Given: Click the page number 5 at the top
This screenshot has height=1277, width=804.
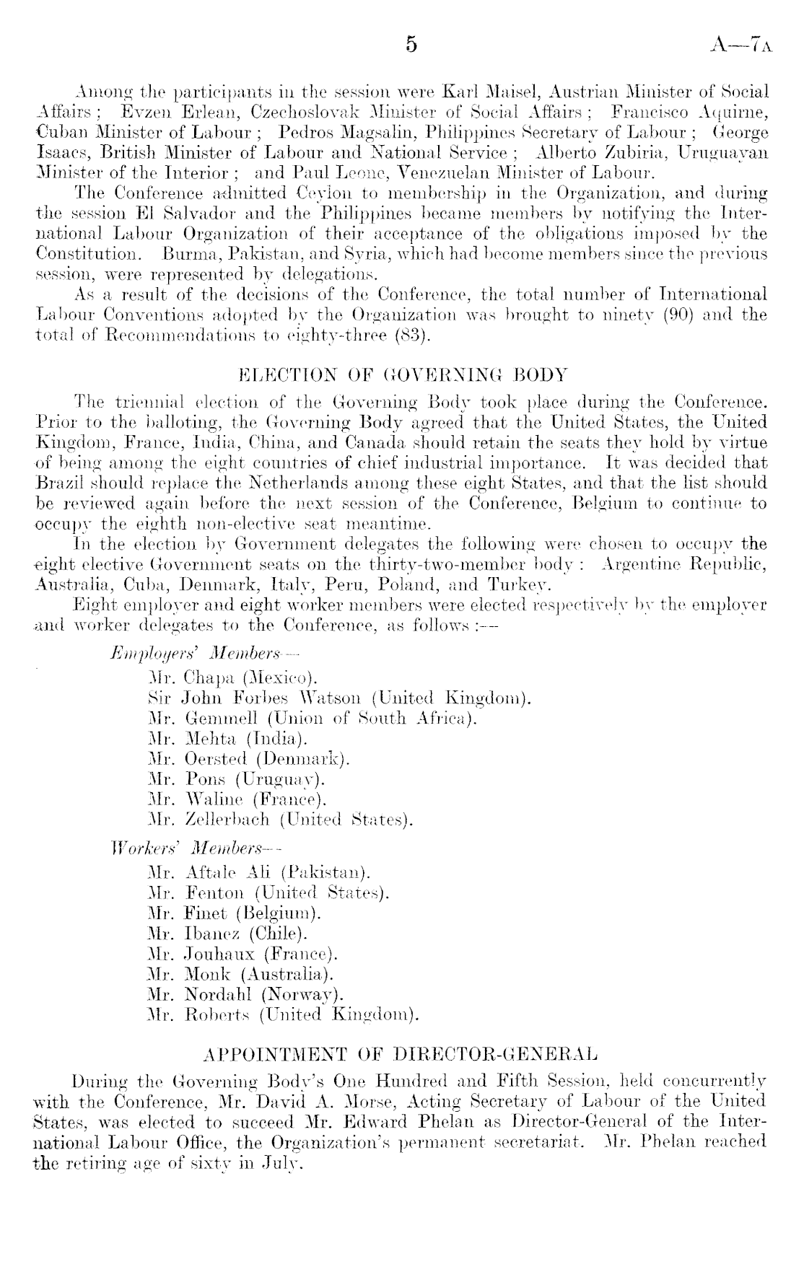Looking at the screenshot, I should (411, 45).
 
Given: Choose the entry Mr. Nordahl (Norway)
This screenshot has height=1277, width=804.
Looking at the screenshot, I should (243, 993).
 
